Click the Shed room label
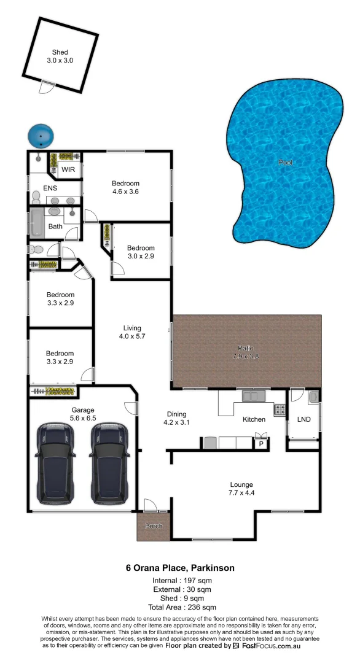click(x=60, y=56)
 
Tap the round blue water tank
click(x=41, y=134)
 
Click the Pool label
click(x=285, y=163)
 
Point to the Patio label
click(x=247, y=352)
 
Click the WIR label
click(x=68, y=169)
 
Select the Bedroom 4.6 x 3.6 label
click(x=125, y=187)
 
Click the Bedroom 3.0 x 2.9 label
click(x=141, y=252)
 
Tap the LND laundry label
click(x=303, y=419)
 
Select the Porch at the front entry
click(x=152, y=527)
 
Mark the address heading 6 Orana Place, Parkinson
click(x=179, y=568)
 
